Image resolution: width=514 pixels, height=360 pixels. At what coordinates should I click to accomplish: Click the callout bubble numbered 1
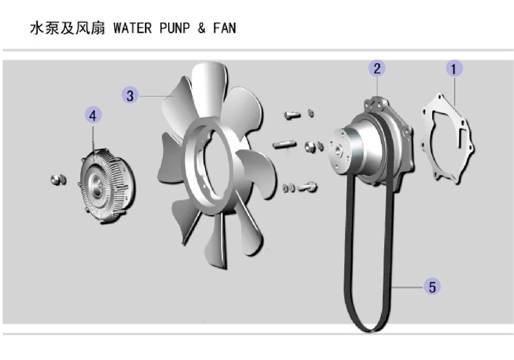click(454, 68)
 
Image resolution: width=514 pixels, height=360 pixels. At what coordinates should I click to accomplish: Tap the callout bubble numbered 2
click(377, 68)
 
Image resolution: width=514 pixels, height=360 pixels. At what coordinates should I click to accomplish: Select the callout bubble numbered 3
click(130, 95)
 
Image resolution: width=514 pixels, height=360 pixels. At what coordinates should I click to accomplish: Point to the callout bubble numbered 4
click(93, 115)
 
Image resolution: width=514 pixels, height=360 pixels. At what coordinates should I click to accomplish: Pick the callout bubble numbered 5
click(432, 286)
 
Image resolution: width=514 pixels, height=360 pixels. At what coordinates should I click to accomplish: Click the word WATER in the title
click(133, 28)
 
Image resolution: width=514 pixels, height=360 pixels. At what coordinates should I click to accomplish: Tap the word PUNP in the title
click(175, 28)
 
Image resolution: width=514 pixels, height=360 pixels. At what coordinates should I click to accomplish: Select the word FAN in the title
click(225, 28)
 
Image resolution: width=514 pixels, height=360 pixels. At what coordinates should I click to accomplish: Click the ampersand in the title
click(201, 28)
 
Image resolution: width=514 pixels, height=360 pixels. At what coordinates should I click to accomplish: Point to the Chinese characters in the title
click(67, 28)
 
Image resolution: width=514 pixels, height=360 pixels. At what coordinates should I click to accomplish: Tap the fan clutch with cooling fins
click(107, 186)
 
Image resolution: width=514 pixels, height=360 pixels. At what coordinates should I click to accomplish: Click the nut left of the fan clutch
click(59, 179)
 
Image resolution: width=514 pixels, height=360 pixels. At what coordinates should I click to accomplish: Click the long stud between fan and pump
click(284, 145)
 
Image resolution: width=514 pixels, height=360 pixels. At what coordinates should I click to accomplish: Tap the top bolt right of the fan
click(292, 115)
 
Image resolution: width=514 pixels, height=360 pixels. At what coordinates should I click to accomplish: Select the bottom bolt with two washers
click(300, 187)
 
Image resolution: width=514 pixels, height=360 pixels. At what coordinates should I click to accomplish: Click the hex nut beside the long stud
click(310, 147)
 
